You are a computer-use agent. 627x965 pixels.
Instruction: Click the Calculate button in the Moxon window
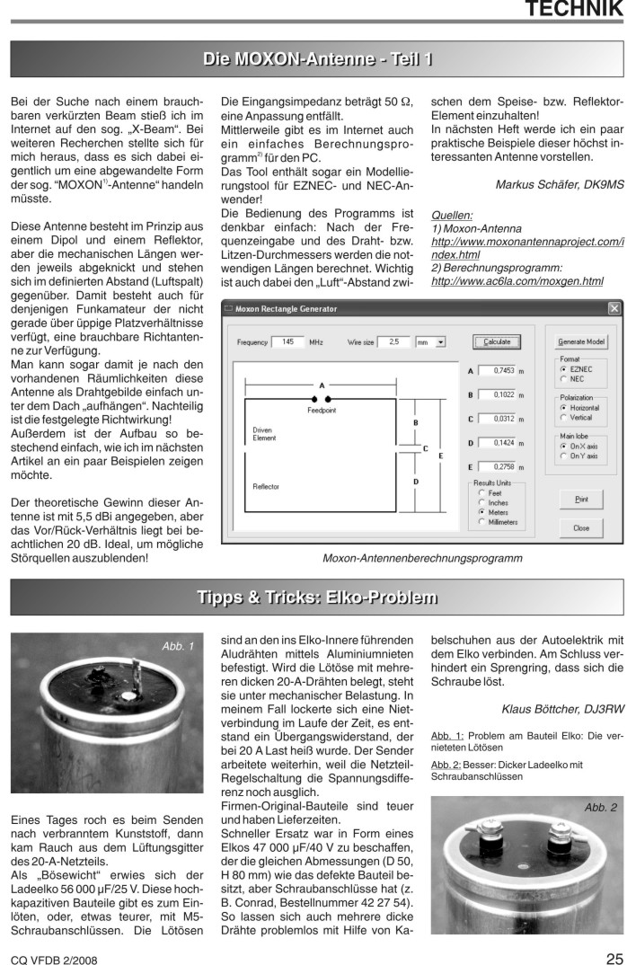pos(496,342)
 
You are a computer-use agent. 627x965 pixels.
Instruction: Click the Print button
pos(580,498)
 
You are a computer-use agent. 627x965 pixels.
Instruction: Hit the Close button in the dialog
pos(580,528)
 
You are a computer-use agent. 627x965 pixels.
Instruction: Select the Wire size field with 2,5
pos(393,342)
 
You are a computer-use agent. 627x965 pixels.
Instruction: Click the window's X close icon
pos(614,309)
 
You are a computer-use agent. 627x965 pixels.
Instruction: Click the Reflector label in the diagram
pos(266,486)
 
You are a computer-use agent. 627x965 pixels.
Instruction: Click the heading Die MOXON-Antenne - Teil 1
pos(318,59)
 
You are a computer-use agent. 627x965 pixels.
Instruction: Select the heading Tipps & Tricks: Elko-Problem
pos(318,598)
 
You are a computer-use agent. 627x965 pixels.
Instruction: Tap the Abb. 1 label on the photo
pos(177,646)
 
